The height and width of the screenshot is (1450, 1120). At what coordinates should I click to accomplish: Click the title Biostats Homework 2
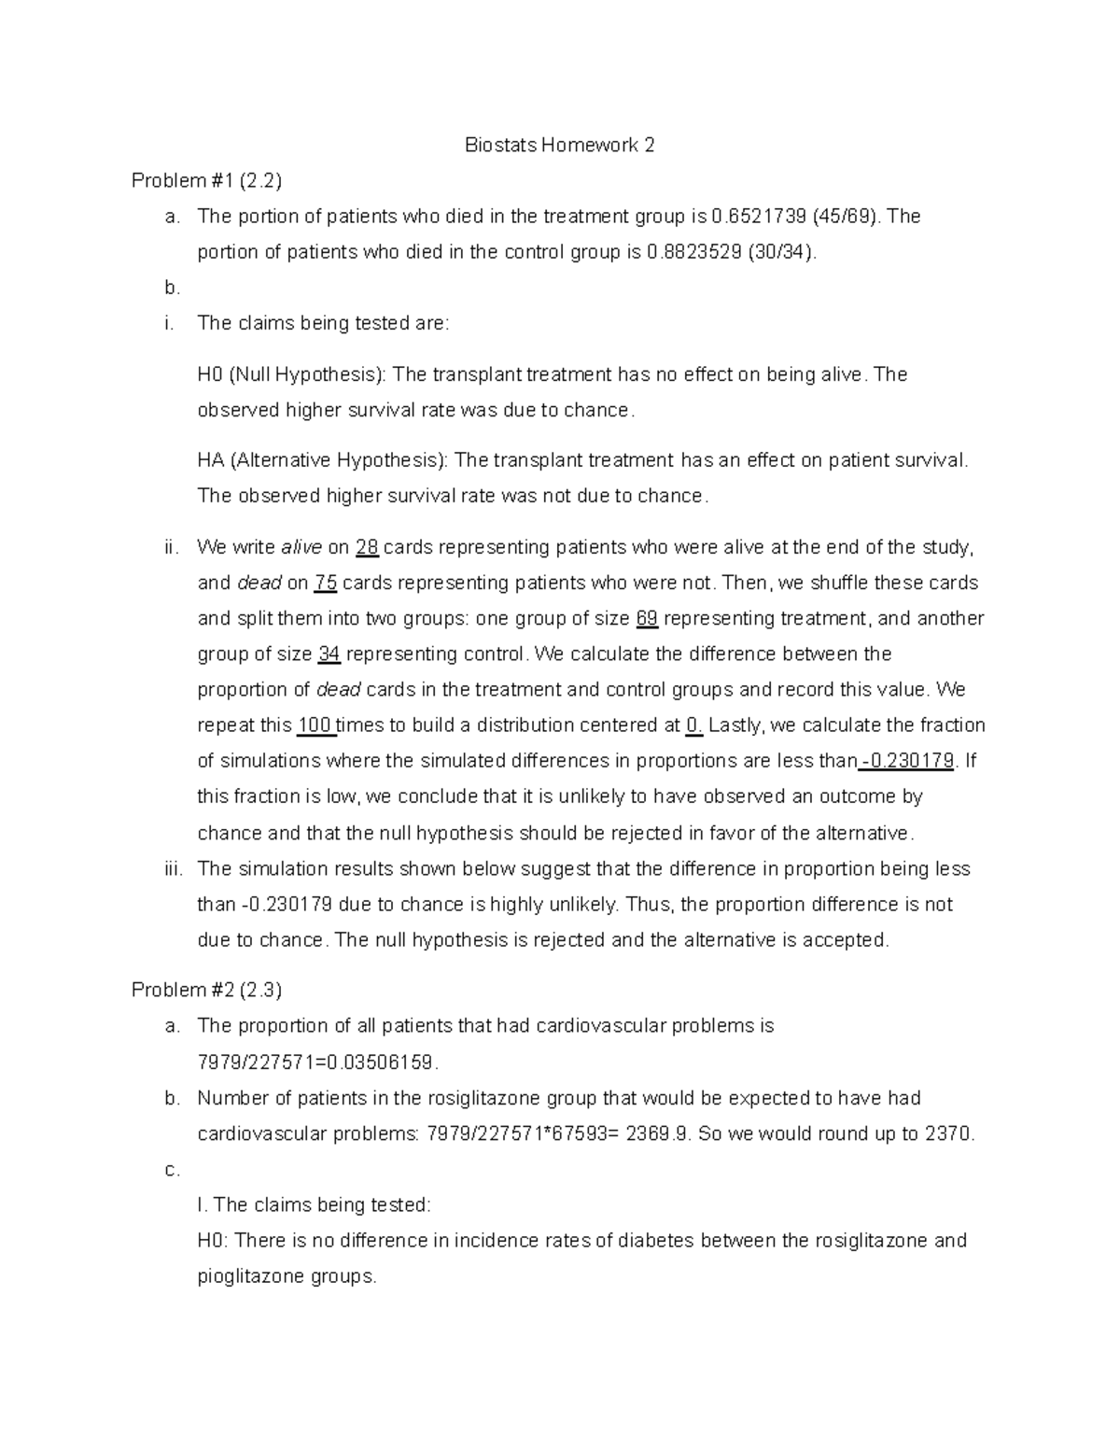(x=560, y=145)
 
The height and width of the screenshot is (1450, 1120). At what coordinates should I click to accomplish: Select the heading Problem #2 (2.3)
(x=206, y=990)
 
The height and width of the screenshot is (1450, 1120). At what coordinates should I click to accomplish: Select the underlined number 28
(x=367, y=547)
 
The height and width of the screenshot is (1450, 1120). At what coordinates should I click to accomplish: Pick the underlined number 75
(x=325, y=583)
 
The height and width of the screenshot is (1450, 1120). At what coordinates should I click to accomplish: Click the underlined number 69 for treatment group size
(x=647, y=618)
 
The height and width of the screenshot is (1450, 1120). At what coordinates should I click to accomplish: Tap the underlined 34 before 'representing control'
(x=329, y=654)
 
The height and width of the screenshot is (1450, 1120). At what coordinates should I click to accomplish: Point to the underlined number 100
(x=315, y=725)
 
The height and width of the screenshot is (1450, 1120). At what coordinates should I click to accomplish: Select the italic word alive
(x=301, y=547)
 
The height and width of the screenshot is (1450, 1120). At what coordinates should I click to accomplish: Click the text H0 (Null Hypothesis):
(x=290, y=374)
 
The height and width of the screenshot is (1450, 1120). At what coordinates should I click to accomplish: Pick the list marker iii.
(x=172, y=869)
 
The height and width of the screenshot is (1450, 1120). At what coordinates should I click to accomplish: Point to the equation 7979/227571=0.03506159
(x=317, y=1063)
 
